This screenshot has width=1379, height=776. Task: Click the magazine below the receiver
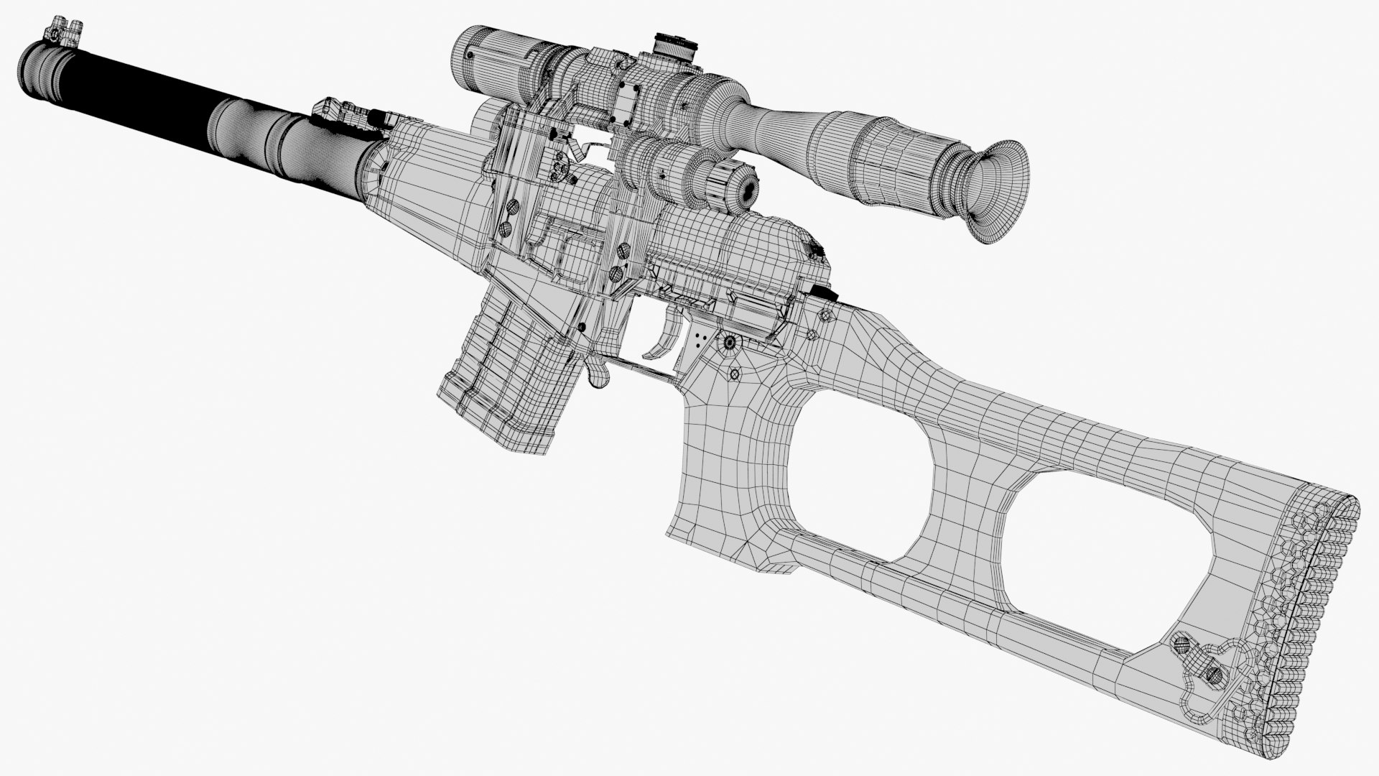click(x=503, y=381)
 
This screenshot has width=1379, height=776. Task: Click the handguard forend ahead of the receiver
click(x=431, y=180)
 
